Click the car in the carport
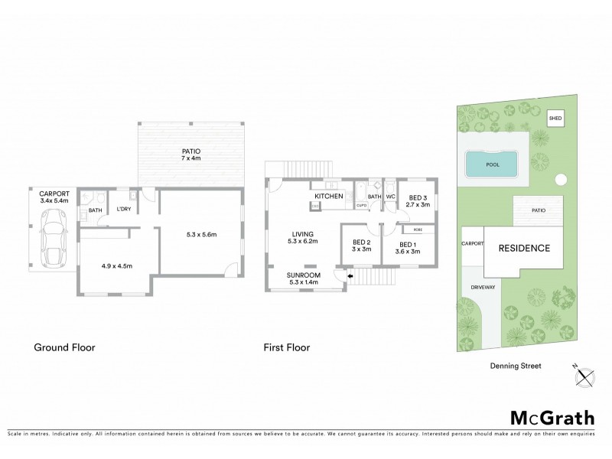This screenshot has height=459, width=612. [52, 236]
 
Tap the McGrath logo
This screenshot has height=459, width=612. [552, 417]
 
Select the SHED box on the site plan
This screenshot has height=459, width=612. [555, 119]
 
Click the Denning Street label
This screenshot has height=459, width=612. [516, 366]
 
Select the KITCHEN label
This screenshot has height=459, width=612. [329, 197]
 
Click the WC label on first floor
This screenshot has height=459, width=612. [389, 197]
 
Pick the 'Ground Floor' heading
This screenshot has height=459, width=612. [63, 347]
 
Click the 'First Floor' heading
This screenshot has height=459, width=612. [286, 347]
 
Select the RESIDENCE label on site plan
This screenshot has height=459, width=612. [524, 248]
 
